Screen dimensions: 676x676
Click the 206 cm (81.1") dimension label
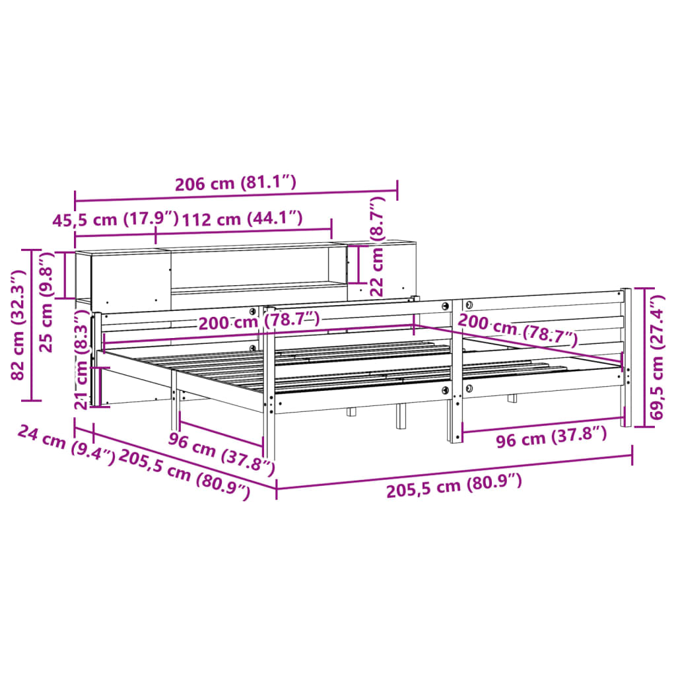(235, 183)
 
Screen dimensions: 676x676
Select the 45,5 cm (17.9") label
(116, 219)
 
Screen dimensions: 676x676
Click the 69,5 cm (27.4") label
(657, 356)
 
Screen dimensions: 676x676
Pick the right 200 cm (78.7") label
(518, 329)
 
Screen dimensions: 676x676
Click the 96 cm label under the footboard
(551, 438)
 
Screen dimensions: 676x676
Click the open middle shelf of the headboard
(251, 267)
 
